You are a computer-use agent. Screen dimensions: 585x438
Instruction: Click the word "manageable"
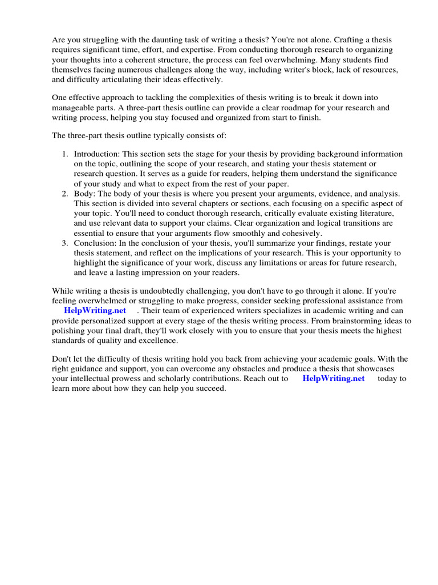tap(75, 107)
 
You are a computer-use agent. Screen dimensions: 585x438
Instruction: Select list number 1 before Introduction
tap(65, 154)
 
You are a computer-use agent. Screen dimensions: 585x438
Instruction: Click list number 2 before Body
tap(65, 194)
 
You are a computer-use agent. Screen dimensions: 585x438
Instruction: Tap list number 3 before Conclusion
tap(65, 243)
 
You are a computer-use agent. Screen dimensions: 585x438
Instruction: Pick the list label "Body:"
tap(84, 194)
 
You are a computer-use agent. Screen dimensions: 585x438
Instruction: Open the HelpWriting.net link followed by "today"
tap(333, 379)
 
